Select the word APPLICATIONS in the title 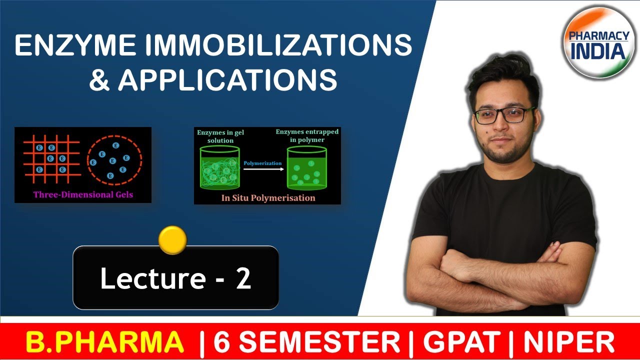click(x=227, y=80)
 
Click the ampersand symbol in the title click(x=99, y=80)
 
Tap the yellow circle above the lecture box click(x=172, y=240)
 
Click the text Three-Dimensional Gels click(x=82, y=194)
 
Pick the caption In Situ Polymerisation click(x=268, y=197)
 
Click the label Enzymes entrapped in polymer click(x=306, y=135)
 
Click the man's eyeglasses click(x=505, y=114)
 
